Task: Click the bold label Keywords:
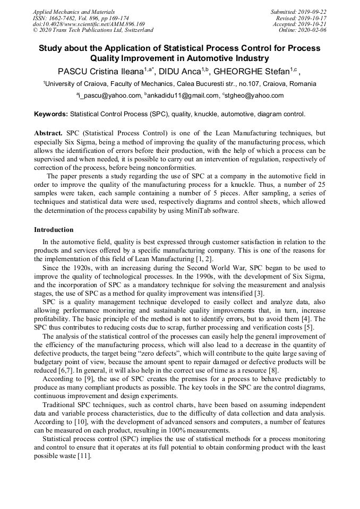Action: tap(51, 114)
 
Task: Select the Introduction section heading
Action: tap(54, 230)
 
